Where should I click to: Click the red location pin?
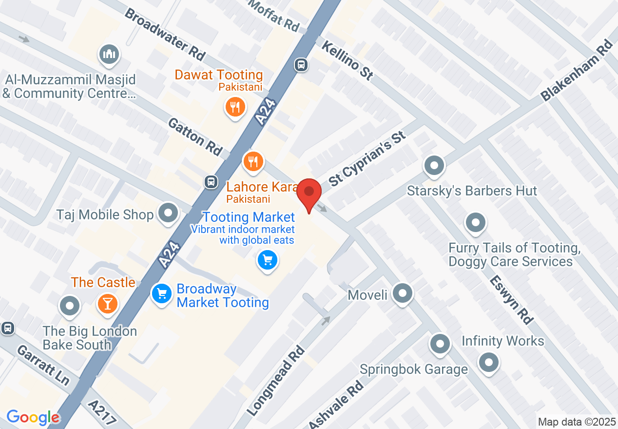click(309, 191)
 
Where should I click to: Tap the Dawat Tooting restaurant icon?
click(235, 107)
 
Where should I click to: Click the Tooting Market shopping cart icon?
click(267, 260)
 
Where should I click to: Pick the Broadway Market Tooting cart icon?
click(161, 294)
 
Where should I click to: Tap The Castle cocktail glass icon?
click(107, 303)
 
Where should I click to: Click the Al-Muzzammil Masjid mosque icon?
click(109, 54)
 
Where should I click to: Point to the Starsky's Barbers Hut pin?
click(434, 166)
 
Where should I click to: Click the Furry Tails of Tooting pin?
click(475, 223)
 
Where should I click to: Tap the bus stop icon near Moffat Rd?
click(301, 64)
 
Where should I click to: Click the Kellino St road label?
click(348, 60)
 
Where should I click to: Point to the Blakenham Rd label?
click(578, 71)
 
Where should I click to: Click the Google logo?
click(33, 417)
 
